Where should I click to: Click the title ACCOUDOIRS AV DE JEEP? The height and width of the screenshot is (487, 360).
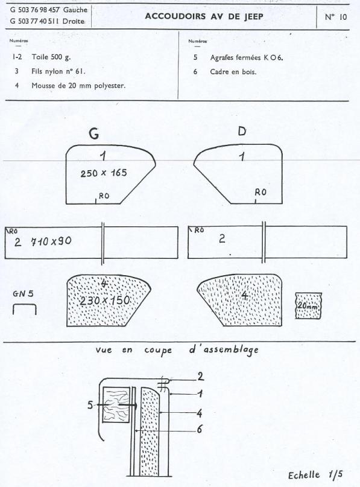204,16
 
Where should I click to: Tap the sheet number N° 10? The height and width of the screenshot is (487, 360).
335,17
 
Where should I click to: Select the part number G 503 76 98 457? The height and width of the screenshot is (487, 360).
35,10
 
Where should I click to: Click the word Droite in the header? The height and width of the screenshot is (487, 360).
74,21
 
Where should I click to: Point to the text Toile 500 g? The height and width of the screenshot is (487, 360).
51,57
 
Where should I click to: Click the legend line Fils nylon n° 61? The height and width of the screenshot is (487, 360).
58,71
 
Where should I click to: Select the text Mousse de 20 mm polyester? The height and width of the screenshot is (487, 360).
78,86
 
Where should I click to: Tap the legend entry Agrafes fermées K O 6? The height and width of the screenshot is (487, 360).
247,57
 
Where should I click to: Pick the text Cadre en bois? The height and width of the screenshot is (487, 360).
233,72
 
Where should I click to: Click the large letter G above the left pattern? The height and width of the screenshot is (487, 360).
94,133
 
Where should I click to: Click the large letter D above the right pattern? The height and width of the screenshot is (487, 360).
242,132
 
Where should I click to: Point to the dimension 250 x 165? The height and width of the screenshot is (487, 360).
104,173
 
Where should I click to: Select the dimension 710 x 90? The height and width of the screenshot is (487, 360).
51,241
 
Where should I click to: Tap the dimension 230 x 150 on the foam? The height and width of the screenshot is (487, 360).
104,301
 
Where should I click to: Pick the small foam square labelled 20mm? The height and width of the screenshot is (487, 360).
308,305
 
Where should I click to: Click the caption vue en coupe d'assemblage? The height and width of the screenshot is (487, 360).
177,351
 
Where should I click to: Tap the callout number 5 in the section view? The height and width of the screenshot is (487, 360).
90,405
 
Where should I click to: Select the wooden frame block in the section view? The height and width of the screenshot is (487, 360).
116,404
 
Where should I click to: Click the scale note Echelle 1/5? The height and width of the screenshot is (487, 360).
315,475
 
